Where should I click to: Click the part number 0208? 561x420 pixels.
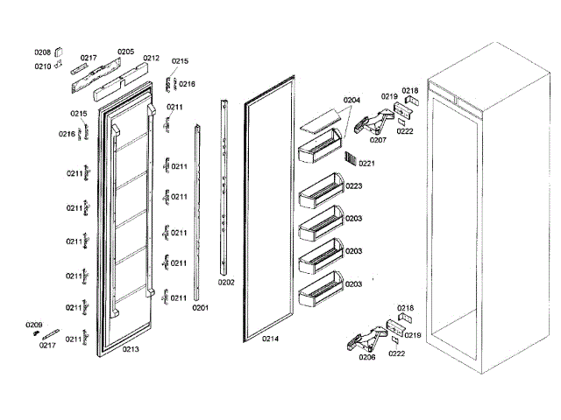(43, 53)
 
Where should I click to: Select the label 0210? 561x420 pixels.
(43, 66)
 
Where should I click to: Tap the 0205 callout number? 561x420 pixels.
(125, 52)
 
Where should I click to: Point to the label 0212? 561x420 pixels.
(151, 59)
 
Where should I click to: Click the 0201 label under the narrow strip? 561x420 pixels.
(201, 308)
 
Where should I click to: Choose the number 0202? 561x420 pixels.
(226, 283)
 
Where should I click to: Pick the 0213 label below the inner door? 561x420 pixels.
(131, 349)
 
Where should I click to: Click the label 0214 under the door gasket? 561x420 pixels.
(270, 339)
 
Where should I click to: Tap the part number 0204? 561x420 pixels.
(352, 100)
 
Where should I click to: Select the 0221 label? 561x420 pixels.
(366, 163)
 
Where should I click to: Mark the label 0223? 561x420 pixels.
(354, 185)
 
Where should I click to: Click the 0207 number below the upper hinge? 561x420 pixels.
(378, 140)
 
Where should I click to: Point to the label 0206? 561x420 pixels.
(367, 357)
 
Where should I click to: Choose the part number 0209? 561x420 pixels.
(33, 325)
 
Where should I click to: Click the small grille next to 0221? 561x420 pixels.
(351, 158)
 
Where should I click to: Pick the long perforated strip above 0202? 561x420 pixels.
(226, 188)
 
